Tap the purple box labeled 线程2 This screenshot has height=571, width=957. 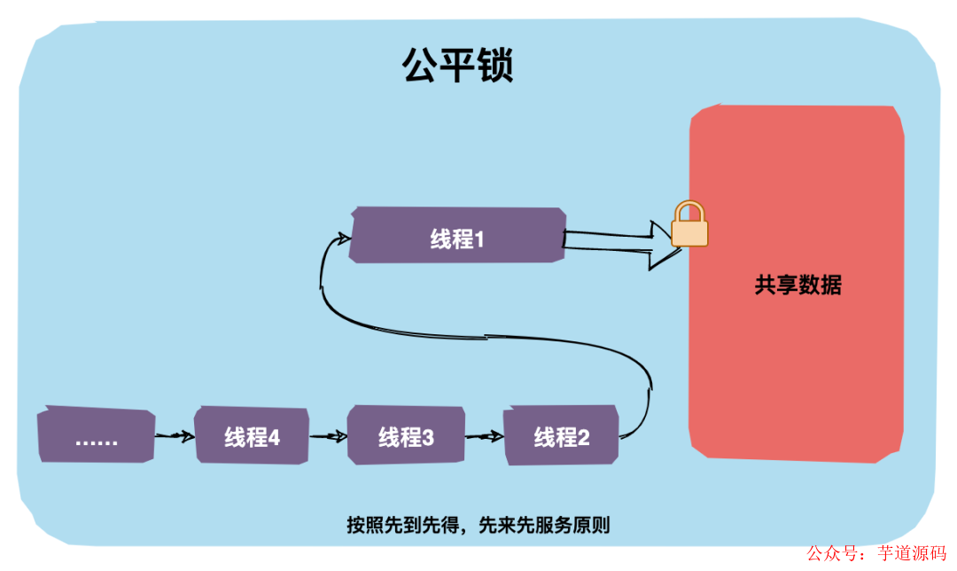pyautogui.click(x=561, y=435)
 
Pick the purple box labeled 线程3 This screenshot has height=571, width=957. pyautogui.click(x=406, y=435)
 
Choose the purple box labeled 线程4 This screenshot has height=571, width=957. pyautogui.click(x=252, y=435)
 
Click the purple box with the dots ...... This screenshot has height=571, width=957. pyautogui.click(x=97, y=436)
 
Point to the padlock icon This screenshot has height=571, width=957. pyautogui.click(x=689, y=225)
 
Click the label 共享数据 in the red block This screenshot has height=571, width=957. pyautogui.click(x=797, y=285)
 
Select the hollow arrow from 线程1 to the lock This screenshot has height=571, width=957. pyautogui.click(x=620, y=242)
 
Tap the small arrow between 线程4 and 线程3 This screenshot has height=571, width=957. pyautogui.click(x=328, y=436)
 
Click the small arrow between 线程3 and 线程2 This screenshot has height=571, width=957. pyautogui.click(x=484, y=436)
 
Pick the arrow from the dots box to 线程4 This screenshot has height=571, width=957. pyautogui.click(x=175, y=436)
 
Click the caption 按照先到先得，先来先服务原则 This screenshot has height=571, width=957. pyautogui.click(x=478, y=525)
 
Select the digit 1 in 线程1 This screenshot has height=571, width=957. pyautogui.click(x=478, y=237)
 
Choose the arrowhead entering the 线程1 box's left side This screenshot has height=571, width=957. pyautogui.click(x=343, y=236)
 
